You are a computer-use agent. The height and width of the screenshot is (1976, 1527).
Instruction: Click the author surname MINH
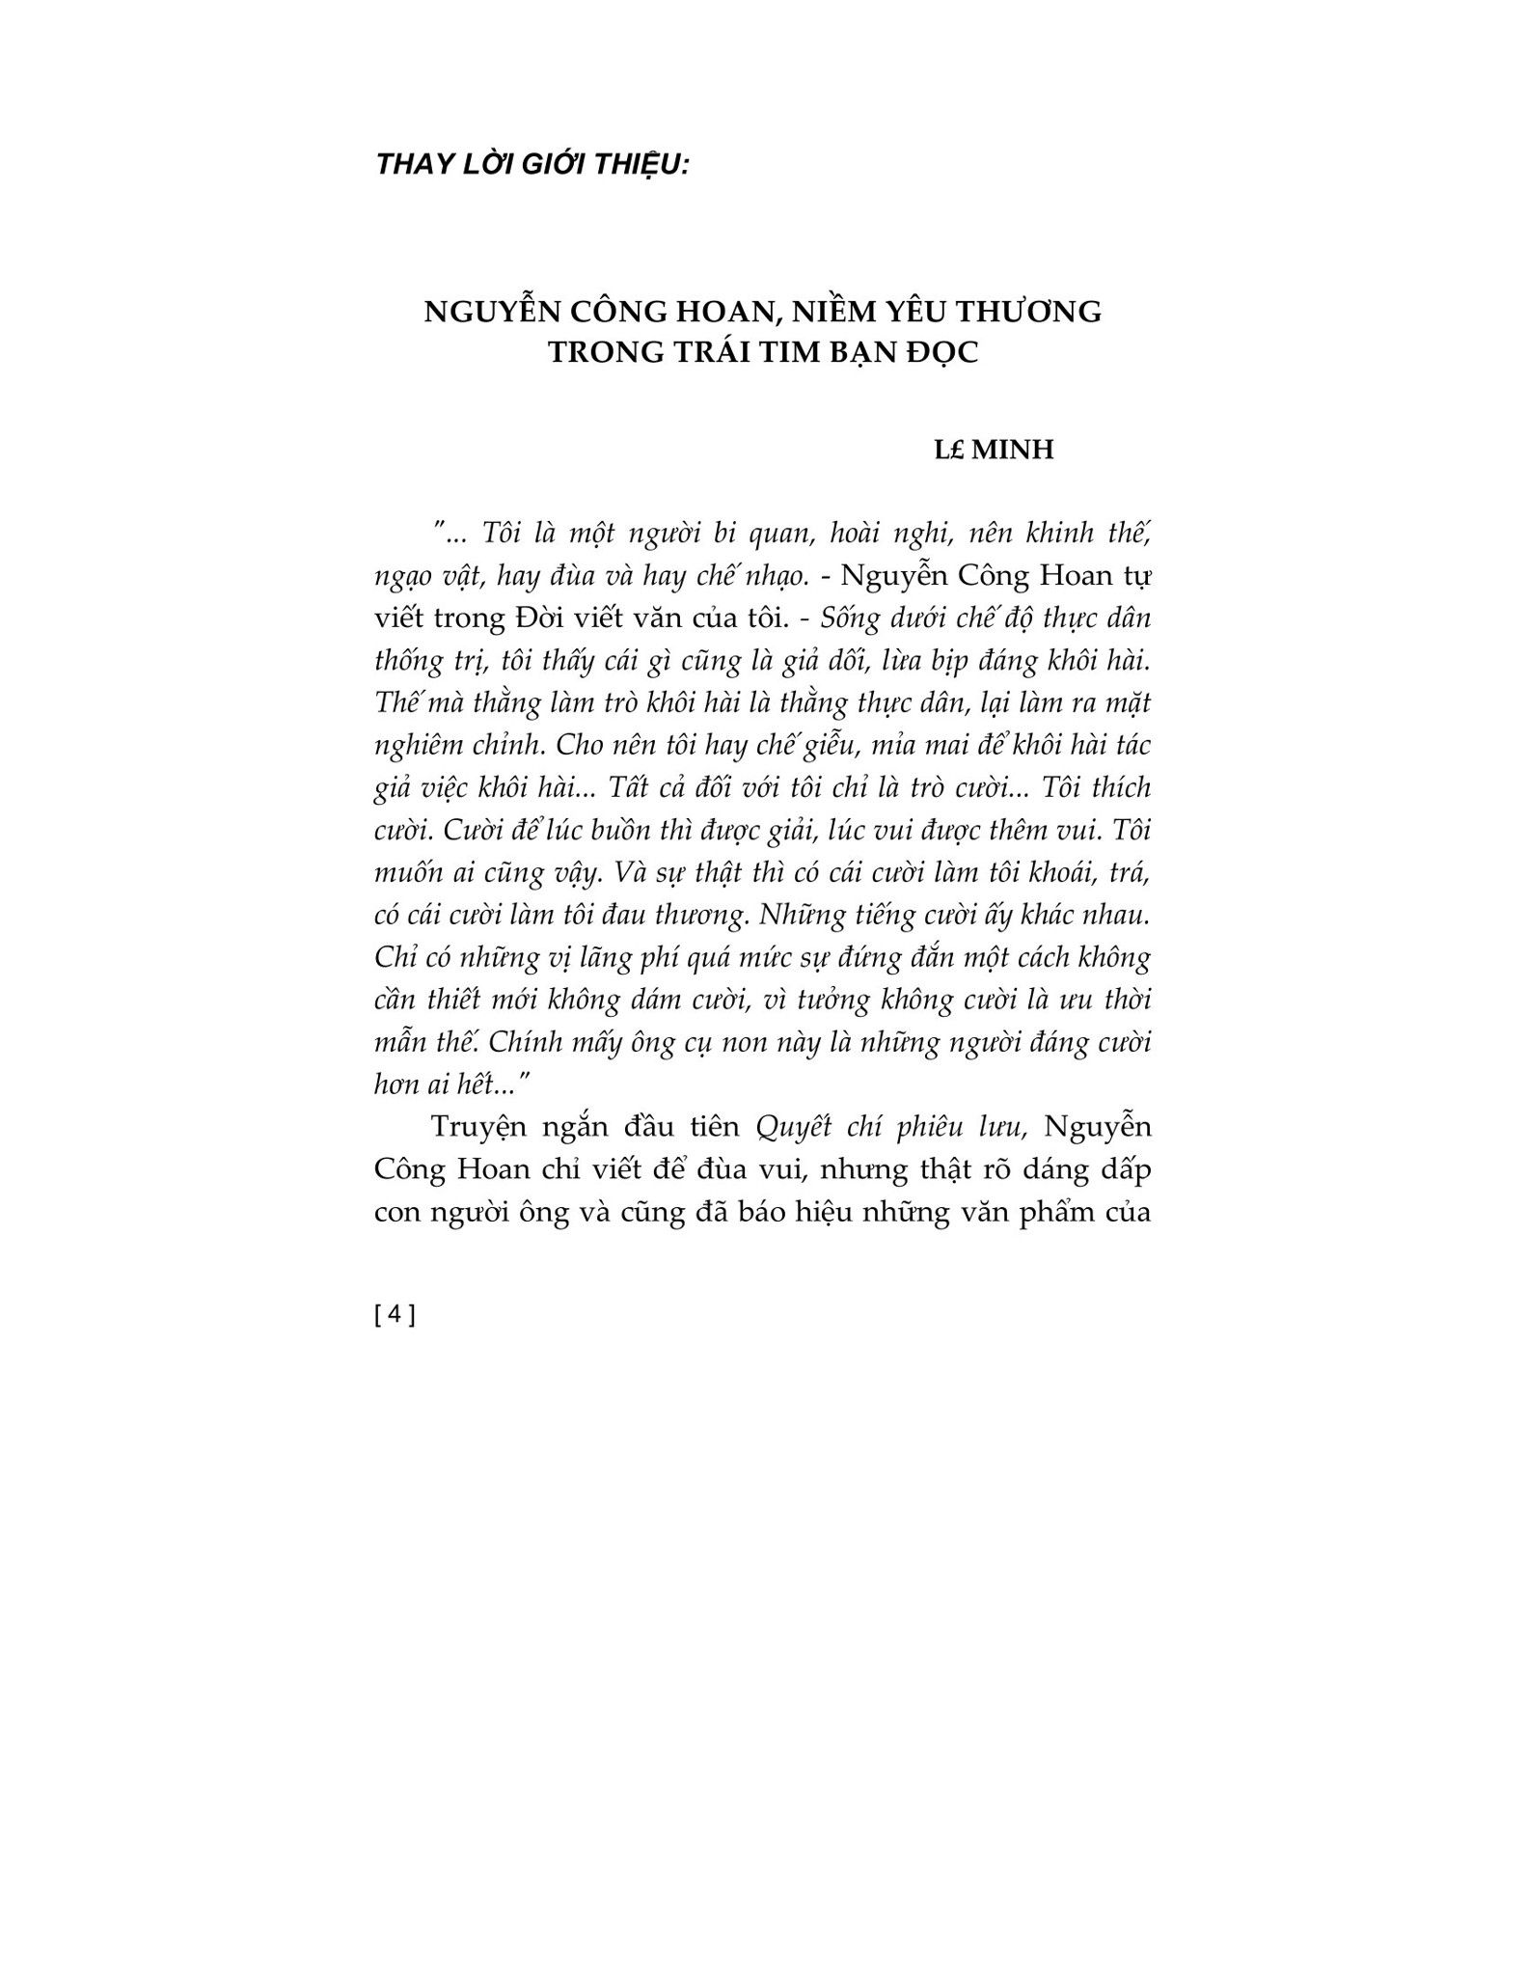[1012, 450]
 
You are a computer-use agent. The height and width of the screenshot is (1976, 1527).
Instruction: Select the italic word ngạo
[402, 578]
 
